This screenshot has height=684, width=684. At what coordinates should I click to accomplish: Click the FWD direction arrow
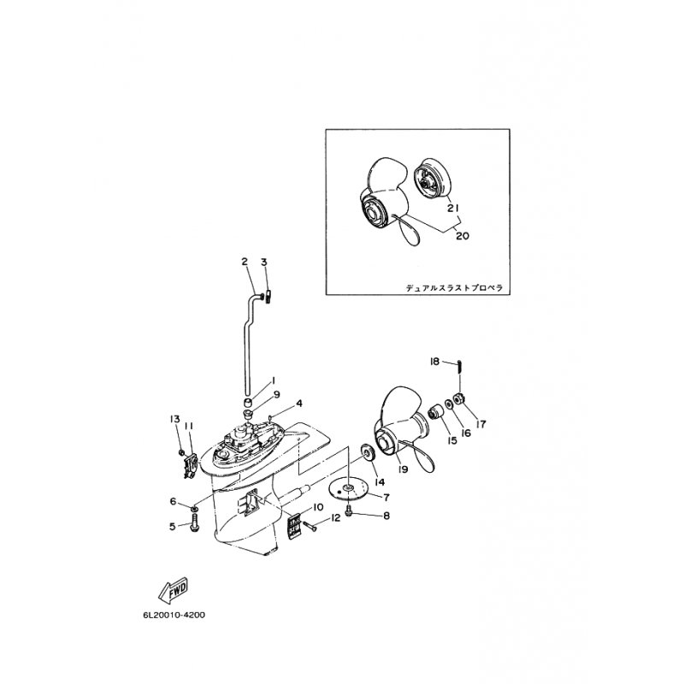pyautogui.click(x=174, y=589)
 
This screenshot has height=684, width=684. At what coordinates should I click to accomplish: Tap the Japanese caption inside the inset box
pyautogui.click(x=456, y=289)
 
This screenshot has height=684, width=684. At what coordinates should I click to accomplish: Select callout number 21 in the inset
pyautogui.click(x=452, y=207)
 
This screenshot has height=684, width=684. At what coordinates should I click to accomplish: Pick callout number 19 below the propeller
pyautogui.click(x=403, y=469)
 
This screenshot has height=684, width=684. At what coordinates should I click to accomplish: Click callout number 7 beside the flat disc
pyautogui.click(x=386, y=497)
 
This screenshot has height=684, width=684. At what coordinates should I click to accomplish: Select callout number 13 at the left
pyautogui.click(x=175, y=419)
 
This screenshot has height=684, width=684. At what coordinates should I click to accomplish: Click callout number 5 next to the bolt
pyautogui.click(x=173, y=527)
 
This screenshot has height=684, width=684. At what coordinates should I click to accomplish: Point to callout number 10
pyautogui.click(x=318, y=507)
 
